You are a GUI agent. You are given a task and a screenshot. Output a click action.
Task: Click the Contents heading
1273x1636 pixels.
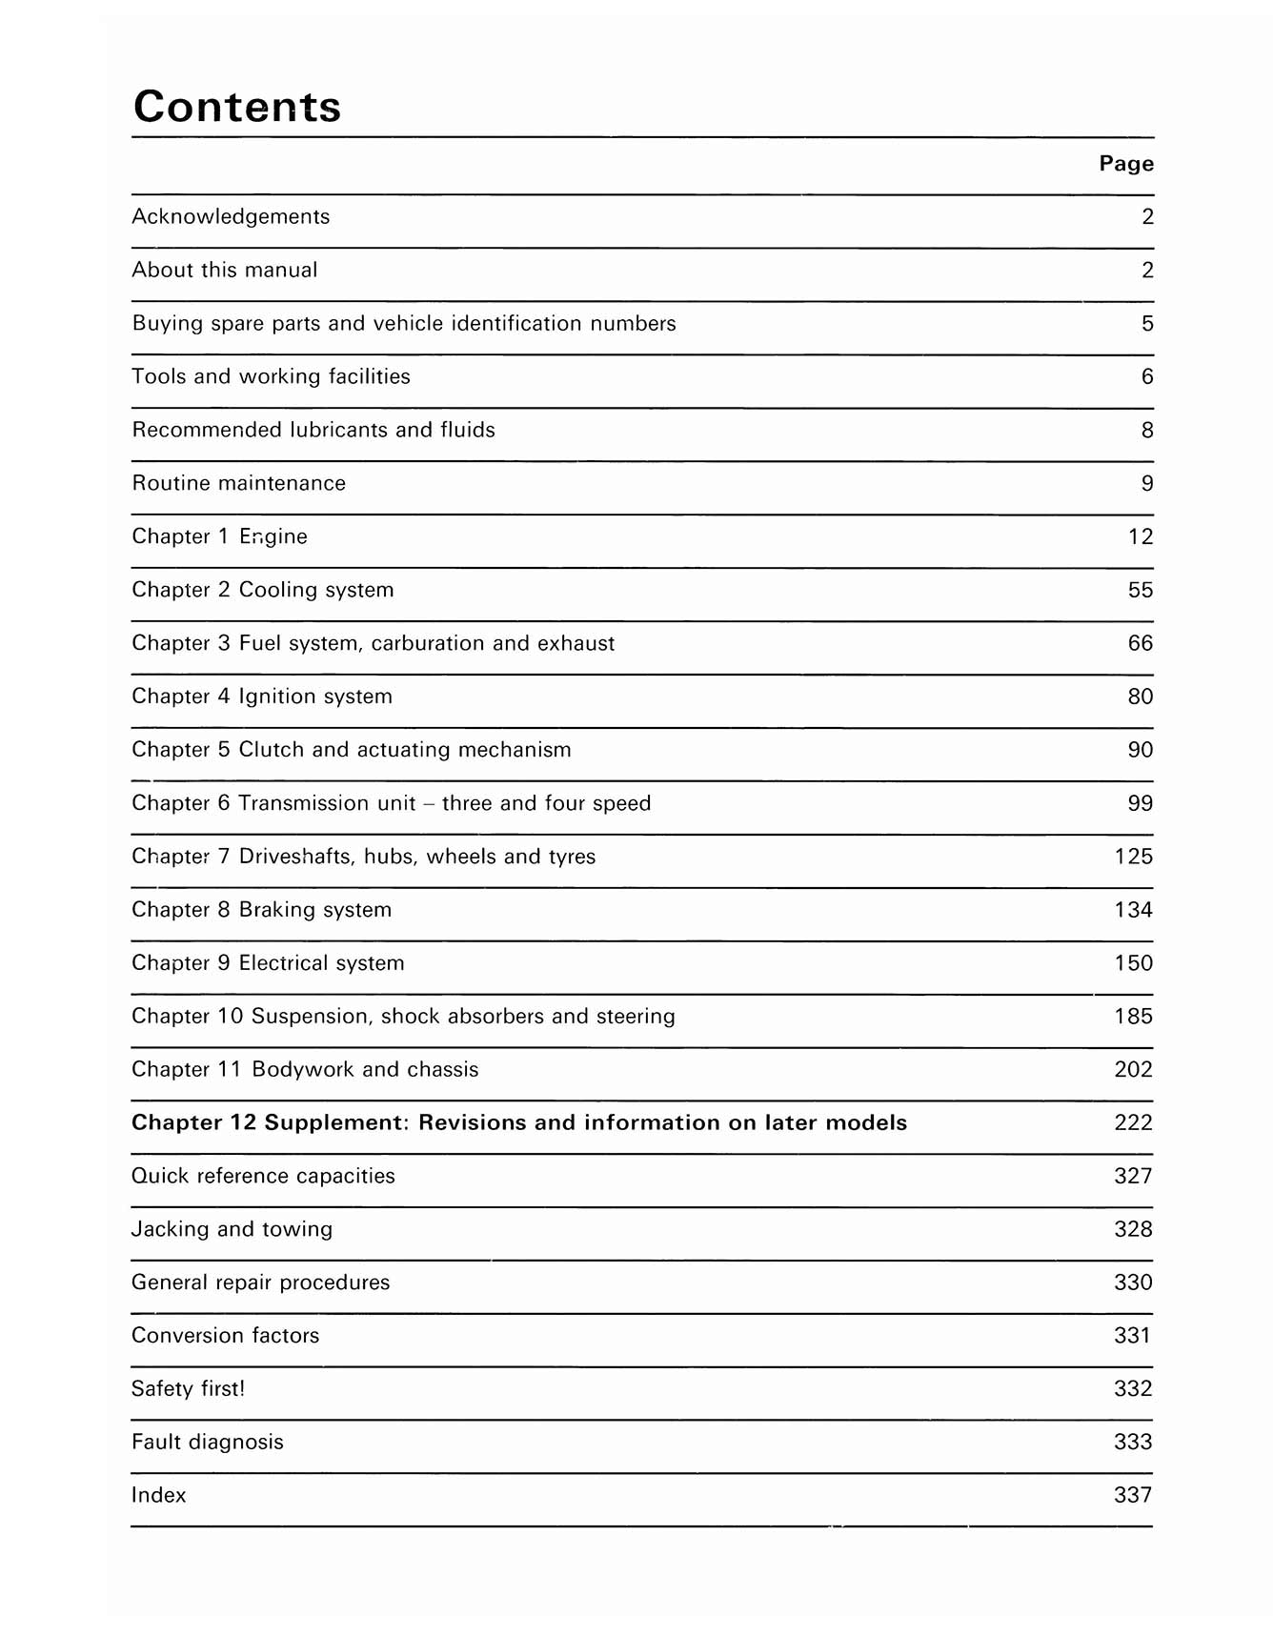coord(237,106)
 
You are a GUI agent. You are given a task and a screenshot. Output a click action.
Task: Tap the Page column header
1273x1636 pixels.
coord(1126,164)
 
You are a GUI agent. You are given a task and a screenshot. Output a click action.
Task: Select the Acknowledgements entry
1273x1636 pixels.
coord(231,217)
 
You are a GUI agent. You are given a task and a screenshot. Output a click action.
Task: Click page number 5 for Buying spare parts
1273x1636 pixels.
coord(1147,324)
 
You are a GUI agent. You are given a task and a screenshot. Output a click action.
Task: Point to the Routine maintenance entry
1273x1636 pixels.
coord(238,484)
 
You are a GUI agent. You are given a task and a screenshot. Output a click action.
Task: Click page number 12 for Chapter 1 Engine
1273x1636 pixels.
coord(1141,537)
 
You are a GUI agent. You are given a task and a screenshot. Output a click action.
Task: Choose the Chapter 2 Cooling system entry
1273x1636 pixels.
coord(263,591)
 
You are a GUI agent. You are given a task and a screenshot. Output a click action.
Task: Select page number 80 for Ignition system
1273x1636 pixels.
coord(1141,697)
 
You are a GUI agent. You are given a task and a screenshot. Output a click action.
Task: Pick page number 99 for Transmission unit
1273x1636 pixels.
coord(1141,804)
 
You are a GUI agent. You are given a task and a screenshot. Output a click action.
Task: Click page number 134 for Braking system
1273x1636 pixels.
coord(1134,911)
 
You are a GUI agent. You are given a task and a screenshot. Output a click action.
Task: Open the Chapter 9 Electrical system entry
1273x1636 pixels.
coord(268,964)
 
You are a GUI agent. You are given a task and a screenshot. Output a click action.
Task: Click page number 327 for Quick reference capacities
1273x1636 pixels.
coord(1134,1177)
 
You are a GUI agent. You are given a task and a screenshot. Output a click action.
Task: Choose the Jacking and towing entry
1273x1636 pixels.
coord(232,1230)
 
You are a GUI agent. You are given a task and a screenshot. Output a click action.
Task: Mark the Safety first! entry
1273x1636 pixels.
coord(188,1389)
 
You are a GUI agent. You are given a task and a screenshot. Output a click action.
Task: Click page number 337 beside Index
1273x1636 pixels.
coord(1134,1496)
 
